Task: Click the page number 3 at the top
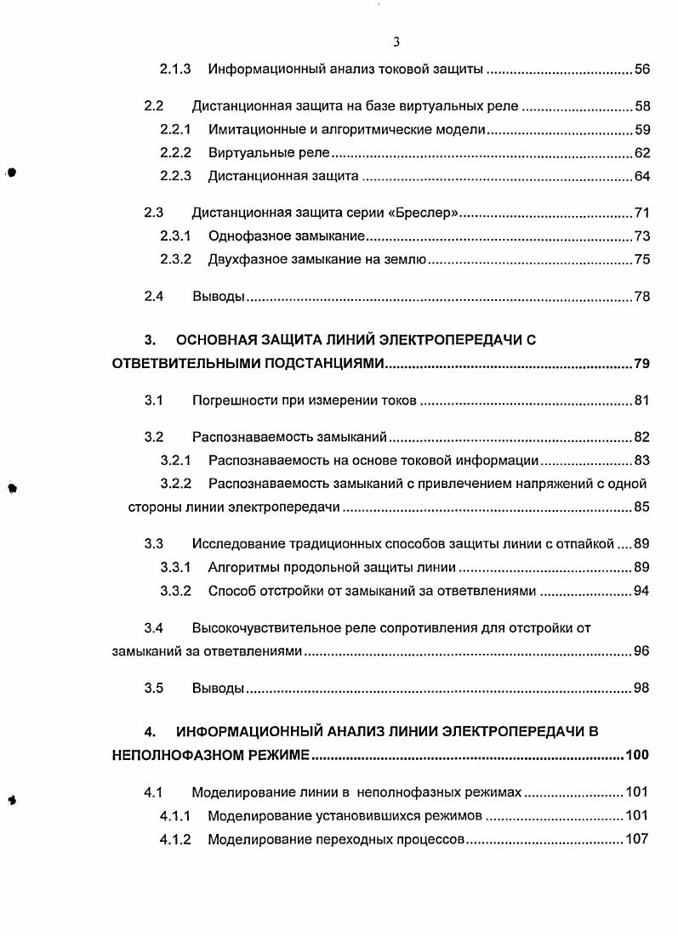point(396,42)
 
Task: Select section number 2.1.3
point(175,68)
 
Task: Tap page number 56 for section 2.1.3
point(642,68)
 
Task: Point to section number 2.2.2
point(175,153)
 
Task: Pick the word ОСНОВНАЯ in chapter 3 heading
point(223,341)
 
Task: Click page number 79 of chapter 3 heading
point(642,365)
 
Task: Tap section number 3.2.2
point(175,484)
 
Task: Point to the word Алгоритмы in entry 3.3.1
point(242,567)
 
